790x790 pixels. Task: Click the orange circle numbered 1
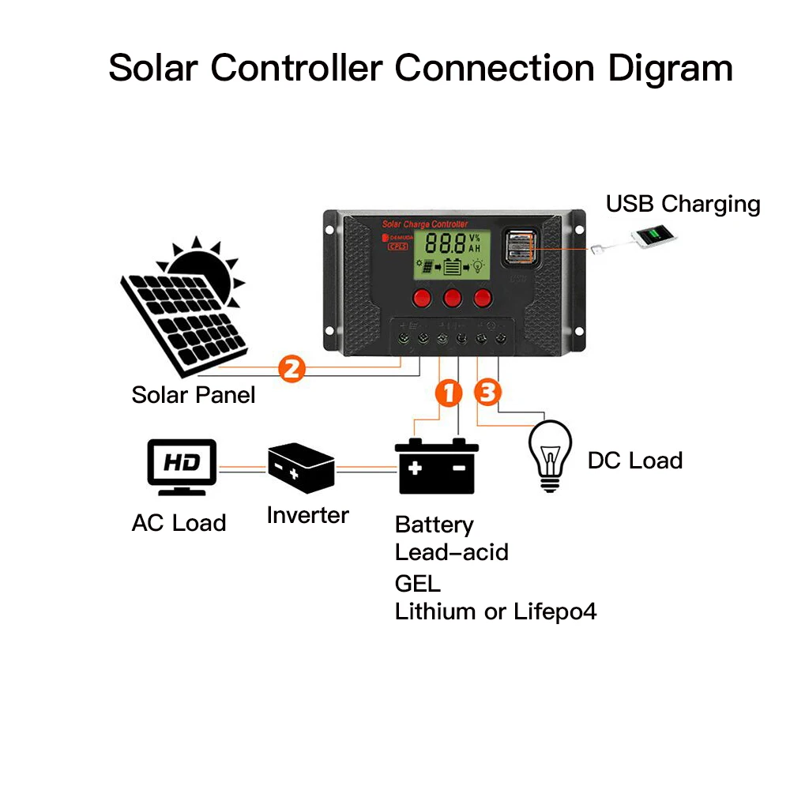[448, 393]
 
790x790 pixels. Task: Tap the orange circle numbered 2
[291, 368]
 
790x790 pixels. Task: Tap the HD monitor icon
[182, 466]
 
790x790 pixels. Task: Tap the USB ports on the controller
[519, 246]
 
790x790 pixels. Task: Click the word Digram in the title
[670, 68]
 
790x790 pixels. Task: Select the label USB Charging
[683, 204]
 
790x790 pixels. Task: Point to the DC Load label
[634, 461]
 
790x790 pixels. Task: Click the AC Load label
[179, 523]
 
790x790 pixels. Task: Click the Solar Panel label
[194, 394]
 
